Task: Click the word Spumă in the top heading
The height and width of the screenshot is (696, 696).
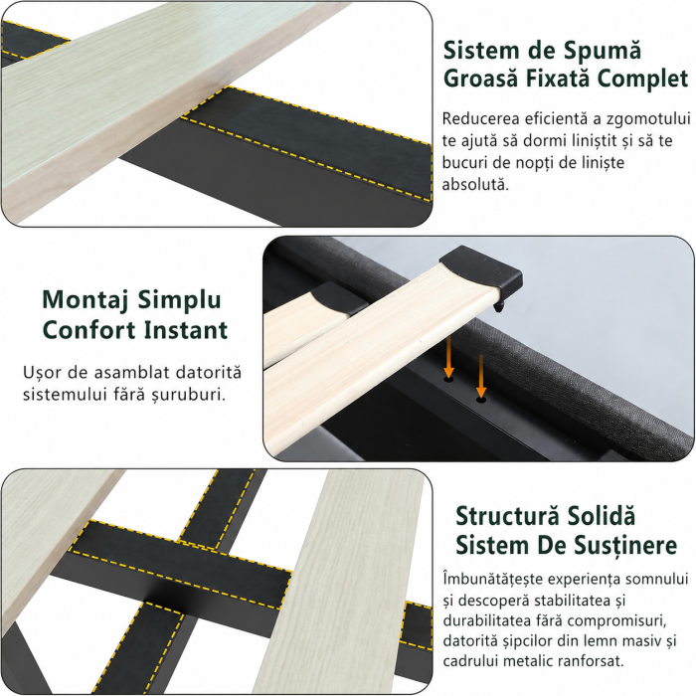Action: pyautogui.click(x=603, y=50)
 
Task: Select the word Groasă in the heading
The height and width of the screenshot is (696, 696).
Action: pyautogui.click(x=480, y=79)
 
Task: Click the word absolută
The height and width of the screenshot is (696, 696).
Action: pyautogui.click(x=475, y=184)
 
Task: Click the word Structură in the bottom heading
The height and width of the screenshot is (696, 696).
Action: pyautogui.click(x=505, y=517)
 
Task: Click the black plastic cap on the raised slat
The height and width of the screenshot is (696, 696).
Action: pyautogui.click(x=482, y=269)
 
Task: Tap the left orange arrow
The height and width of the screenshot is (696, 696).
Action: pyautogui.click(x=448, y=357)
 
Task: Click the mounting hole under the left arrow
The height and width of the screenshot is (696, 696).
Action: pyautogui.click(x=448, y=380)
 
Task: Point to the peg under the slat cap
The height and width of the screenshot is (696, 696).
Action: pyautogui.click(x=500, y=306)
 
